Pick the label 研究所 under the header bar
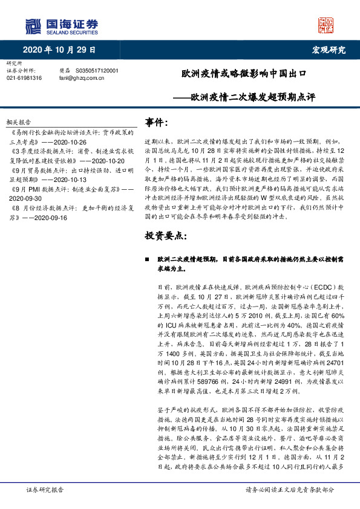[13, 63]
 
